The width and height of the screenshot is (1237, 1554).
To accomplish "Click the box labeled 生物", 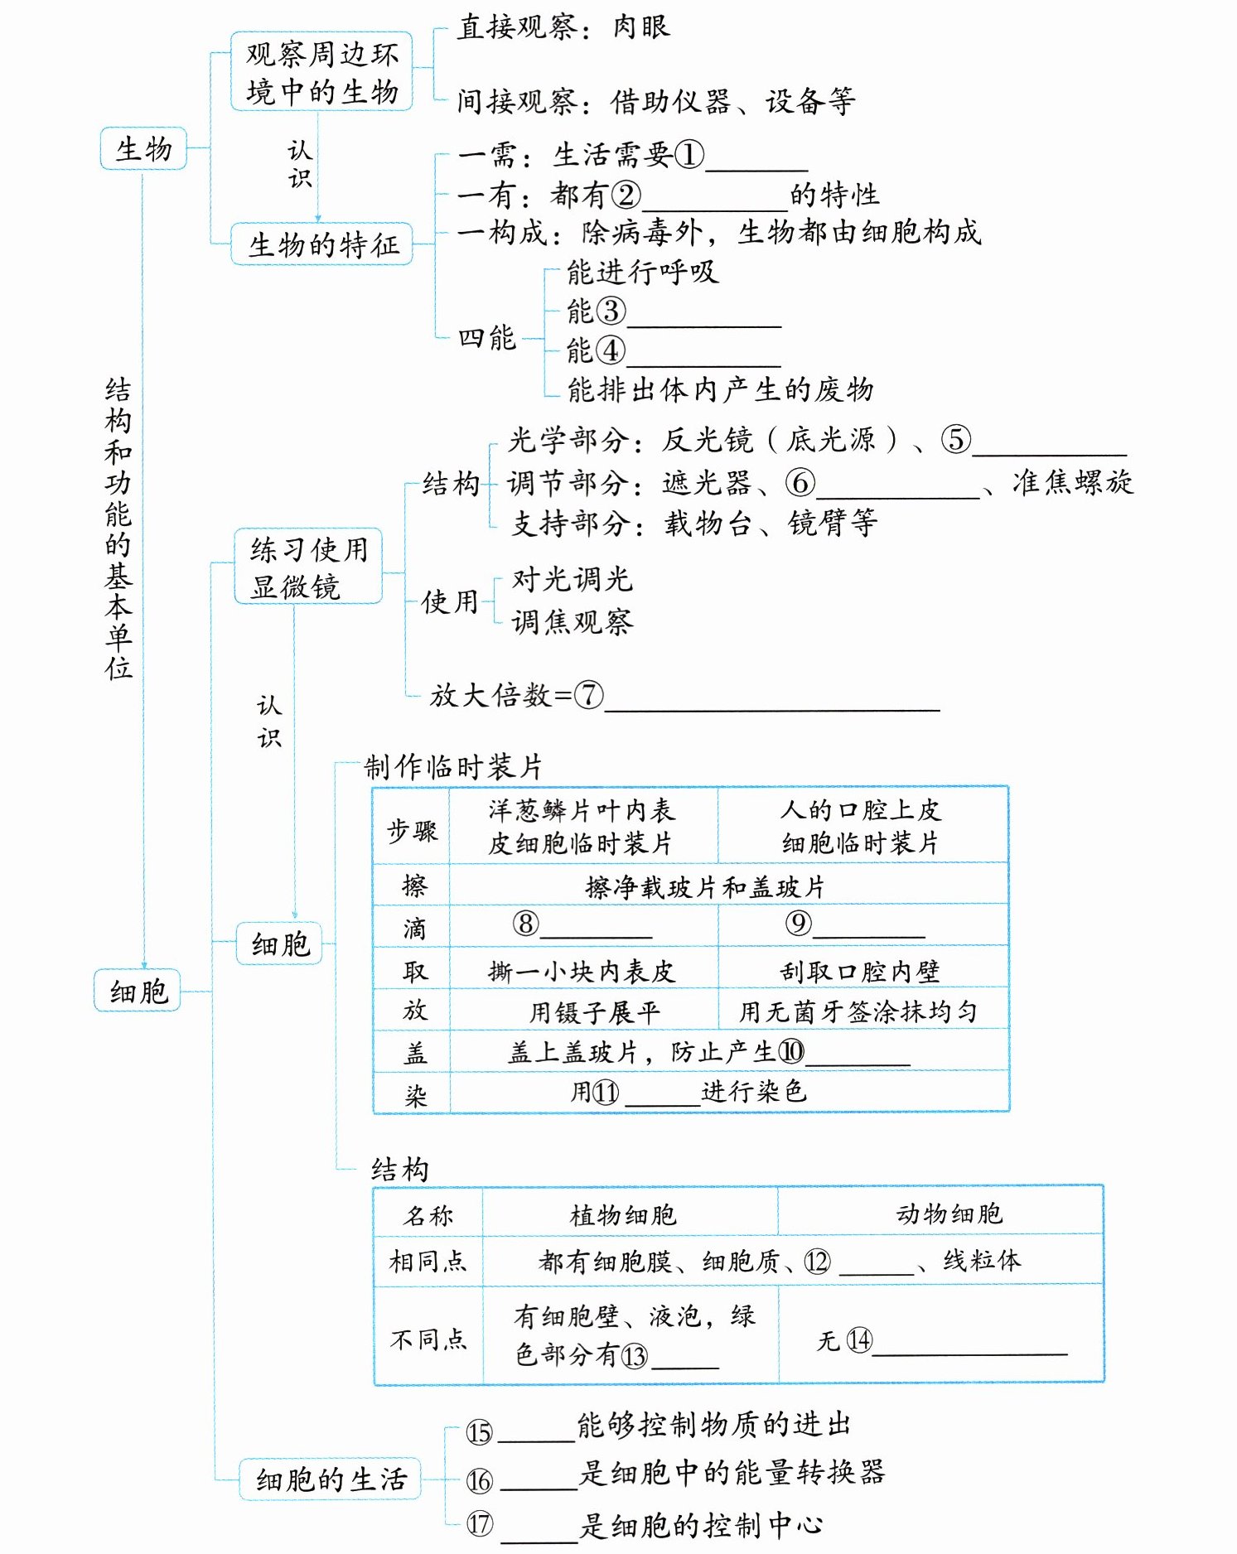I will [143, 149].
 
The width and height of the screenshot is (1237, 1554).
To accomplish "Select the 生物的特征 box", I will [321, 244].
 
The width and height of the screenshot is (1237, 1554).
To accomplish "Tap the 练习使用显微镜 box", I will [308, 567].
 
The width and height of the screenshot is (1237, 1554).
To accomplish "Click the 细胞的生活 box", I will [330, 1479].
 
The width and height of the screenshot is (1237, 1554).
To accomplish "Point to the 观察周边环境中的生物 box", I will [321, 72].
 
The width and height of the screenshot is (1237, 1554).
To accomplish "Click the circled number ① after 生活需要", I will [689, 155].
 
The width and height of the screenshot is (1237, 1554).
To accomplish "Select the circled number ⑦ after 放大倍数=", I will [588, 695].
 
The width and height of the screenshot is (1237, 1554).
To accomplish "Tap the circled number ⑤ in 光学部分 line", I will [955, 439].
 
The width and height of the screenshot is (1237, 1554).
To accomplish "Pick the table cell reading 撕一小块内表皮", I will [582, 970].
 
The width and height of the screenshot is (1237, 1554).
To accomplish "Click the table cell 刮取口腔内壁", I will [860, 970].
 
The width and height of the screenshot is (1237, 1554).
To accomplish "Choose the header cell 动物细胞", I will [949, 1214].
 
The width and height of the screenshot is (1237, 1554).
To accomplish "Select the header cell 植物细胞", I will [623, 1215].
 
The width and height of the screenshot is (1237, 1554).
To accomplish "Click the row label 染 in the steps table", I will [414, 1095].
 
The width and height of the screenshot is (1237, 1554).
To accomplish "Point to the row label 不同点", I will [428, 1339].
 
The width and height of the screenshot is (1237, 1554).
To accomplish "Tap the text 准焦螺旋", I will [1072, 482].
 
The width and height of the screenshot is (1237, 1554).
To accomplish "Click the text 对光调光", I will [572, 579].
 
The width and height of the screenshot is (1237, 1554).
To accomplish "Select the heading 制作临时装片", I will [453, 767].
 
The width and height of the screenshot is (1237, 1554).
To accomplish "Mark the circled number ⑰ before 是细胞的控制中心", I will [480, 1523].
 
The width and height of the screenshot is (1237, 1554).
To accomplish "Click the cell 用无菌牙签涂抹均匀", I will [858, 1011].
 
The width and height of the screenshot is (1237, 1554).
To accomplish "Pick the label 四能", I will [487, 338].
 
